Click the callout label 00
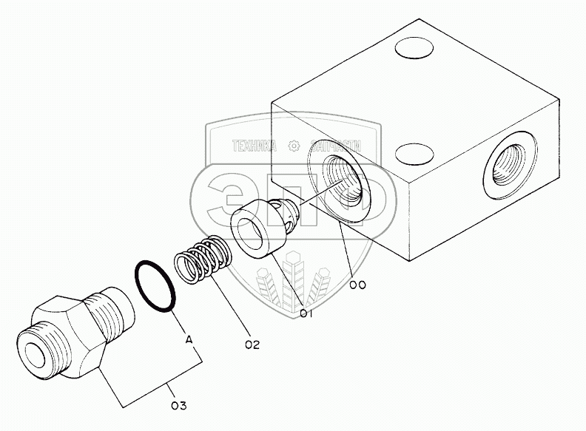click(x=358, y=285)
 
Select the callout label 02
click(x=252, y=344)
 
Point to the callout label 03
click(x=178, y=404)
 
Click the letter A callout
click(x=189, y=340)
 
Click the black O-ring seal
click(x=155, y=285)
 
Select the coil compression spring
click(x=204, y=259)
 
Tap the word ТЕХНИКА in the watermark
click(x=254, y=146)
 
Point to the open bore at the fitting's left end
click(x=34, y=351)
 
